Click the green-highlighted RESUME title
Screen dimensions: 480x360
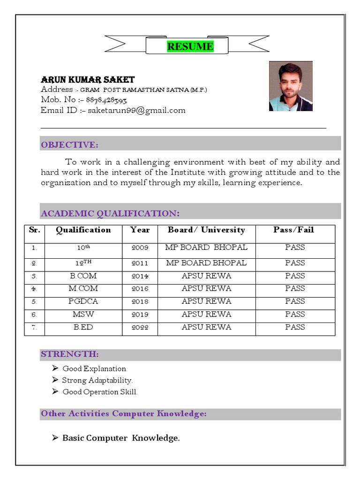190,46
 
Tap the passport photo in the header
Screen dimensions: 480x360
291,86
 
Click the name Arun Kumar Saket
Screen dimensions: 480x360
88,80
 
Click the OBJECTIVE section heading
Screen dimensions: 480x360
69,144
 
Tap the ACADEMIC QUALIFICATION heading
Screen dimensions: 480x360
110,214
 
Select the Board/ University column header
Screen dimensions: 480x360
206,230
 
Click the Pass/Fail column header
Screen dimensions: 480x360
294,230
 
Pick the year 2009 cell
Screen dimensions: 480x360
140,247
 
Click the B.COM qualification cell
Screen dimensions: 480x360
83,276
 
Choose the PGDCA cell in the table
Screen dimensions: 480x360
83,301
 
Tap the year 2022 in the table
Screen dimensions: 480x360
140,327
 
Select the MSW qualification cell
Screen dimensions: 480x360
83,314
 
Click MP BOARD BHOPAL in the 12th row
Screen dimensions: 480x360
206,263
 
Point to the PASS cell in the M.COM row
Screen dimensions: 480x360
295,288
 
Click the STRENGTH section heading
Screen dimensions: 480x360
70,354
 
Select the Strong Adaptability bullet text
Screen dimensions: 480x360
97,381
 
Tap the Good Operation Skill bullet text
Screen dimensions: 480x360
100,392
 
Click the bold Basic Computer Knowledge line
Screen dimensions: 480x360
121,438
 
